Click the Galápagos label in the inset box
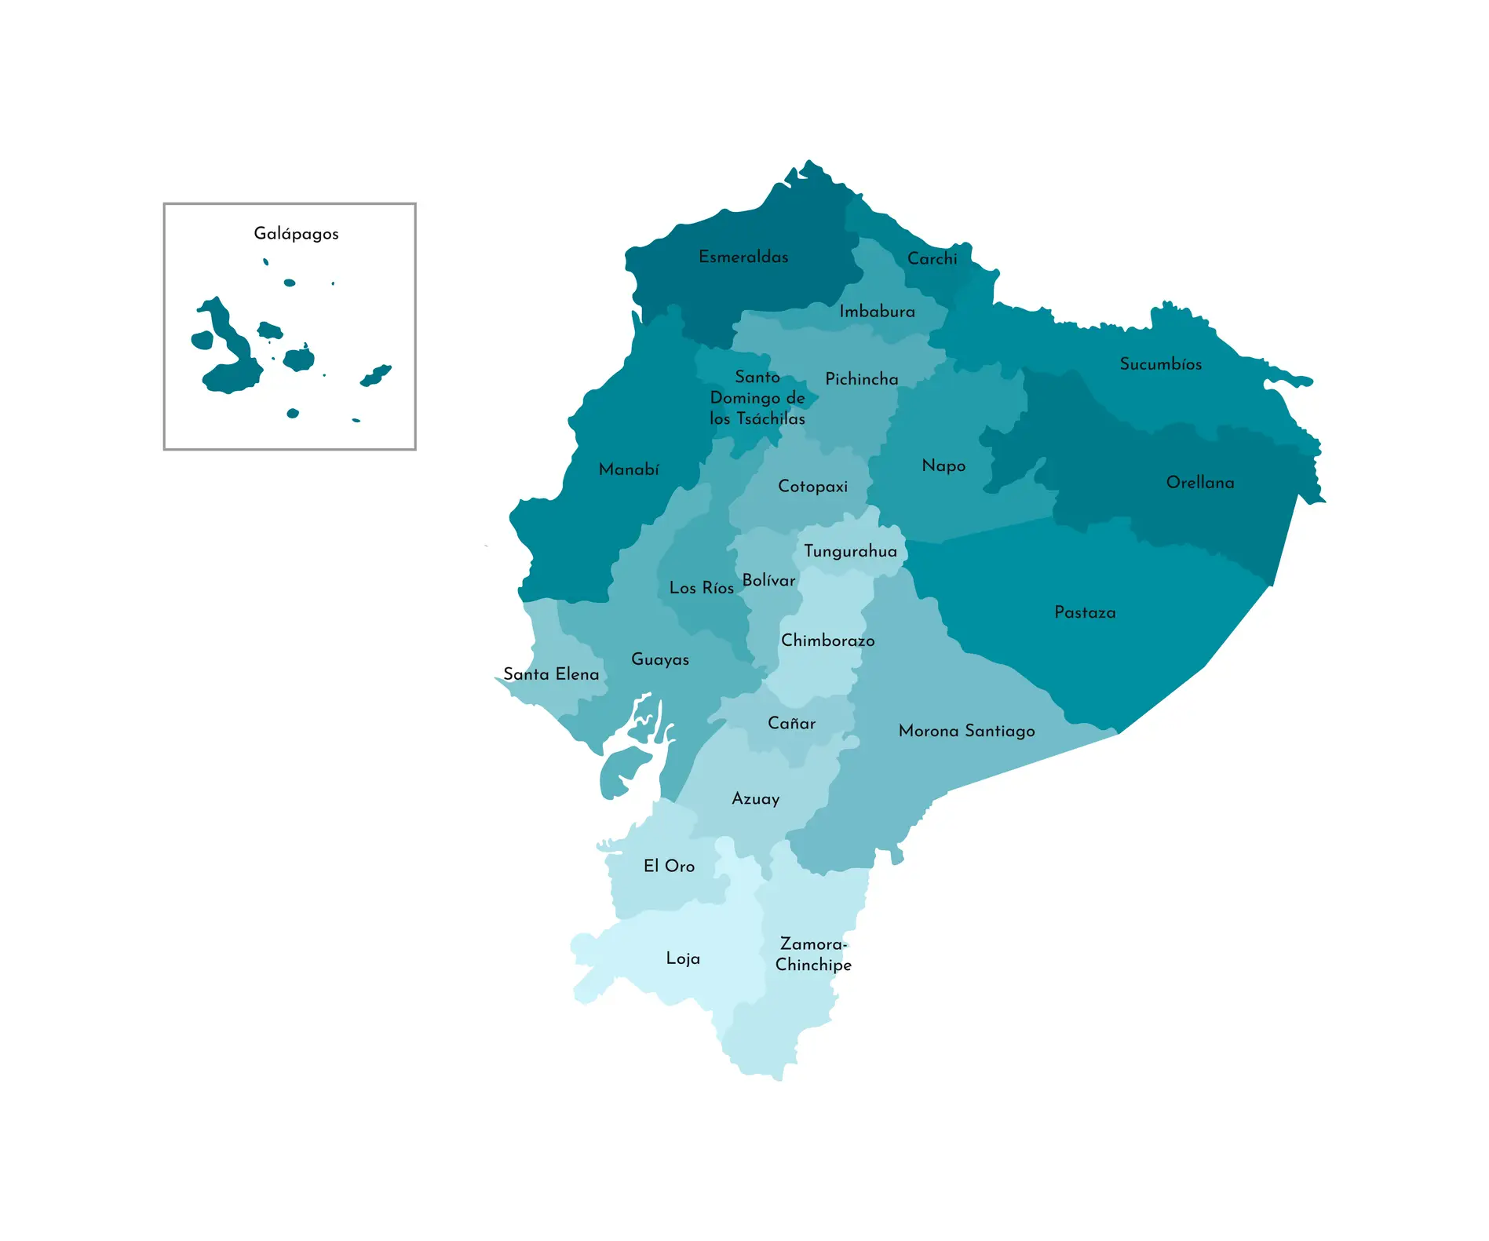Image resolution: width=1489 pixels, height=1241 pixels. point(296,234)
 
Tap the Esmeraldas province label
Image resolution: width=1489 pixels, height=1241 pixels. point(743,257)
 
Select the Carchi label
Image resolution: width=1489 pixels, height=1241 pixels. point(932,259)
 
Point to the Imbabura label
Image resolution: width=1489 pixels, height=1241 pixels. point(877,312)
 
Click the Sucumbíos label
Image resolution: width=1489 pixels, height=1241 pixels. point(1160,364)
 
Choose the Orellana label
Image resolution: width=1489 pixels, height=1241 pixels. point(1199,483)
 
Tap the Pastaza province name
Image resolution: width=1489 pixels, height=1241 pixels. point(1085,613)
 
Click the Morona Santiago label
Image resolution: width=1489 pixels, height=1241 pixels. point(966,732)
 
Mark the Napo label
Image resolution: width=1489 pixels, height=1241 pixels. point(943,466)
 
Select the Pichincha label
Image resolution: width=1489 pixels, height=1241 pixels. point(861,379)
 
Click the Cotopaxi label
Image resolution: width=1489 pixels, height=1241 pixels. point(812,487)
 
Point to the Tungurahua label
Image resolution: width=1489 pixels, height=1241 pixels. point(850,552)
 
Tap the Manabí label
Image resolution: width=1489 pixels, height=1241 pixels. point(629,469)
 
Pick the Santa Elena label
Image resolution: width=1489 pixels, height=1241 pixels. point(551,674)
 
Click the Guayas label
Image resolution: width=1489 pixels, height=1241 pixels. point(660,660)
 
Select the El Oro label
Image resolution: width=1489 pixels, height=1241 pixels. point(669,866)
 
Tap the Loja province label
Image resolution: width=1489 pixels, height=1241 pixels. point(683,958)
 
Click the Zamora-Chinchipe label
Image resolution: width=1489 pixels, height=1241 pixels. point(813,954)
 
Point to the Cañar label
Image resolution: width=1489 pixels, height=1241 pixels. point(791,724)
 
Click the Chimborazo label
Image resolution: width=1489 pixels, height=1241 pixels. point(827,641)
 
